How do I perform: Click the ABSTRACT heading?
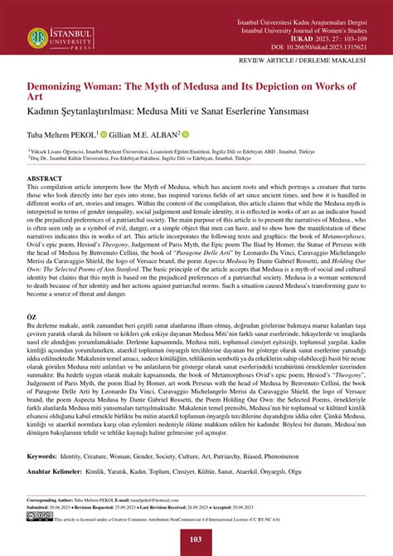coord(45,178)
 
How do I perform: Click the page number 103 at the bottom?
coord(196,540)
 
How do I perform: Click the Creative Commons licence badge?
coord(39,515)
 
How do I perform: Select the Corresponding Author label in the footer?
coord(53,500)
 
